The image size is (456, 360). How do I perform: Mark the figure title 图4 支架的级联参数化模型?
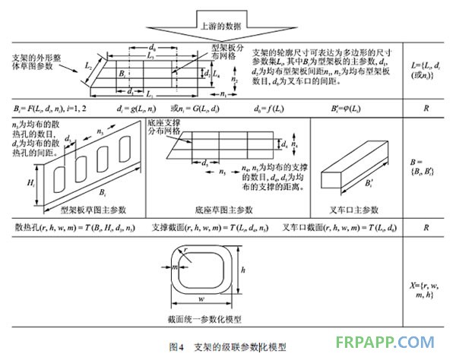(x=228, y=346)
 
